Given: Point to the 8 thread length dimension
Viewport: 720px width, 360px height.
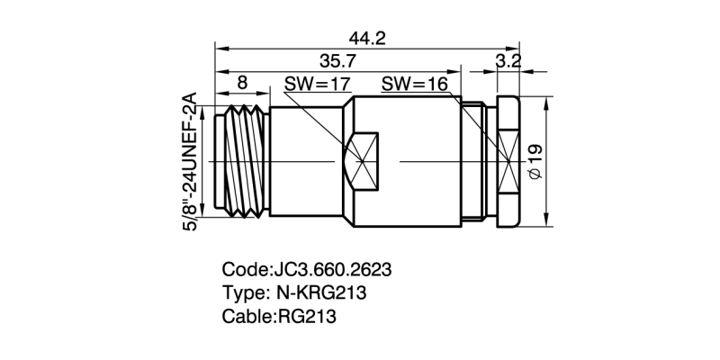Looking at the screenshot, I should click(x=242, y=82).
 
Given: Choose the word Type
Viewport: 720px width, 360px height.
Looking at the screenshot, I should click(x=241, y=293).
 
